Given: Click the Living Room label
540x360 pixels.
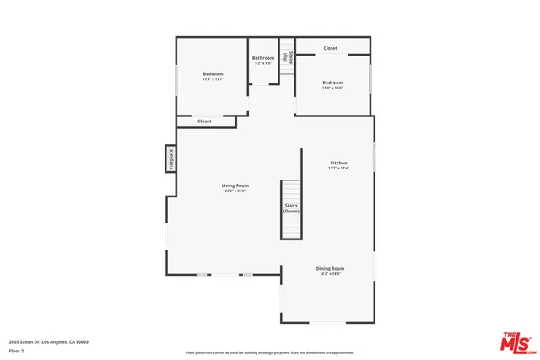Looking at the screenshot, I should (x=235, y=185).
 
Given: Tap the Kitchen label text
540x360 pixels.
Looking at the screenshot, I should (x=338, y=163).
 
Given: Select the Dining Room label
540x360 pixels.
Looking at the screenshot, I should (x=331, y=269).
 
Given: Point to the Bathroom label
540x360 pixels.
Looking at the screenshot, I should (x=263, y=58).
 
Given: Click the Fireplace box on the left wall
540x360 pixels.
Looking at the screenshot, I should (x=170, y=159).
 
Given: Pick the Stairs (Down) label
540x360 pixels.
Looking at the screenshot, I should (x=291, y=208).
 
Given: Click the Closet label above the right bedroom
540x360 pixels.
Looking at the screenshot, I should (x=331, y=48).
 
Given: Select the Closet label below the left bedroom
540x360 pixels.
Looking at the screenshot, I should (x=204, y=121).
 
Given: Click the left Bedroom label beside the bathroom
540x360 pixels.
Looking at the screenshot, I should (x=213, y=74).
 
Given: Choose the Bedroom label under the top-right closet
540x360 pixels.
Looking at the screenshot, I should (x=332, y=82).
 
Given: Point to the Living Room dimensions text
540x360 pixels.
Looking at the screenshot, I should (x=235, y=191).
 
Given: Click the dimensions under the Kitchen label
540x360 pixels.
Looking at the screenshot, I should (x=338, y=169).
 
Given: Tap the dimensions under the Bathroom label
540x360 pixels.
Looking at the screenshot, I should (x=263, y=64).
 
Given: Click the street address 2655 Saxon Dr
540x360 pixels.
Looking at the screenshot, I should (x=48, y=342).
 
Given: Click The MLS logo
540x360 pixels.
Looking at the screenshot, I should (x=516, y=342).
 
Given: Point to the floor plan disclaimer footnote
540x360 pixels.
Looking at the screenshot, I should (x=270, y=352).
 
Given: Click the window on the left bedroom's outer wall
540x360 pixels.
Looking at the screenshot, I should (x=176, y=80).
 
